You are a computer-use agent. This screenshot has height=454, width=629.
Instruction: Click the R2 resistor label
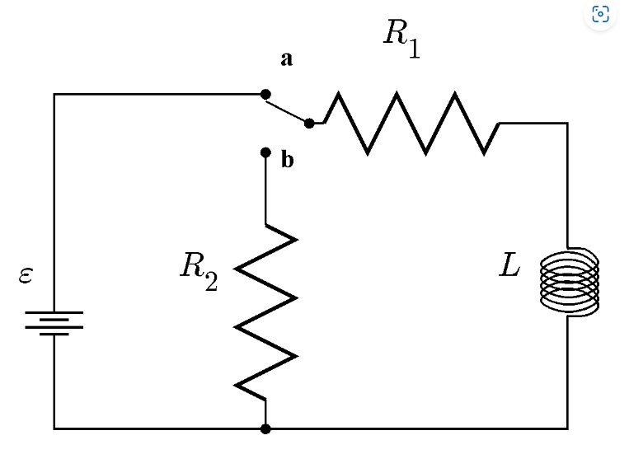pos(199,270)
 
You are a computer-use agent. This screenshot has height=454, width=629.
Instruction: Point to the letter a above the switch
pos(286,59)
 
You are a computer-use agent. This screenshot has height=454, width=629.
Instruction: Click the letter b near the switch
pos(286,161)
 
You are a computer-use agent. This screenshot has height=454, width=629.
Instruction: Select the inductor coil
pos(569,281)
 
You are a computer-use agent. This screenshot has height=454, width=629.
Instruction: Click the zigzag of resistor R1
pos(411,124)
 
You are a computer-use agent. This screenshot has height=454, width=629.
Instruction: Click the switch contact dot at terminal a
pos(265,95)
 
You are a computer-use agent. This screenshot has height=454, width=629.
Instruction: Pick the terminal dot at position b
pos(265,152)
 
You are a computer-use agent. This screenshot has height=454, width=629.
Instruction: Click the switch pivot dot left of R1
pos(309,124)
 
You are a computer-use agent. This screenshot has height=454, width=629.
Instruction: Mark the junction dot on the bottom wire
pos(265,428)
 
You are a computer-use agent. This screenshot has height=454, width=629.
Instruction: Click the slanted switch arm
pos(287,110)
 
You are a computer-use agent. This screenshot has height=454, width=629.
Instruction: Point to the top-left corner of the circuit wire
pos(54,95)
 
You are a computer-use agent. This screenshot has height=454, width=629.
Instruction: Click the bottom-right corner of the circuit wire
pos(567,428)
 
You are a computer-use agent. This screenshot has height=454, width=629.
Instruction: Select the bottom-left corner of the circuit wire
pos(54,428)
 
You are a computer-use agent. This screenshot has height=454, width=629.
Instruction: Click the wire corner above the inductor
pos(567,123)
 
